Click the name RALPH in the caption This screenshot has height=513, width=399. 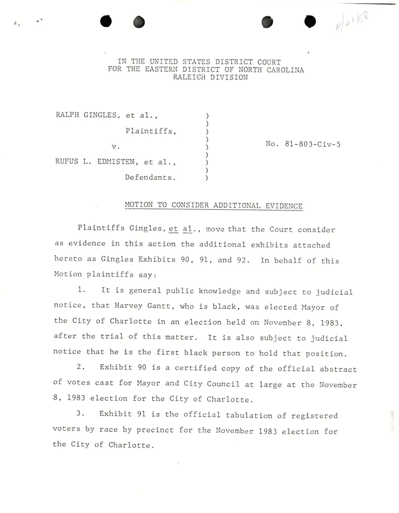68,115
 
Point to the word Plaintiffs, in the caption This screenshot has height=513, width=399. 151,131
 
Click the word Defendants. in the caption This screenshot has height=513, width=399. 150,177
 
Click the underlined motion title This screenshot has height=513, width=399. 214,205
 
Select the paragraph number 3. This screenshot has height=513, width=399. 81,415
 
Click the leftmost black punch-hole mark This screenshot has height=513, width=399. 107,22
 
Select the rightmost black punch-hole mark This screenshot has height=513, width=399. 310,22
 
